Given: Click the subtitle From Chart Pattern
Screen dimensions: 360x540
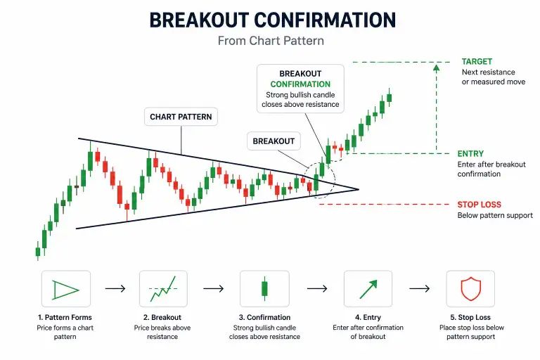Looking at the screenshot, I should (271, 41).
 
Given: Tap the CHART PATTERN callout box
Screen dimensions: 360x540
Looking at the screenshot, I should (181, 117).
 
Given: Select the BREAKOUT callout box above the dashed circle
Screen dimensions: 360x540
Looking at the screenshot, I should (274, 141).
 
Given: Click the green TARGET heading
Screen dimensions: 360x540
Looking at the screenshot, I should (477, 62).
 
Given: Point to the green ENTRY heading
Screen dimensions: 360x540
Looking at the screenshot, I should (470, 154).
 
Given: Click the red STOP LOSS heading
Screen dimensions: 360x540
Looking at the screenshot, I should (479, 205).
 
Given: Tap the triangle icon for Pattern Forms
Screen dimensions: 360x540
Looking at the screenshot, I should (65, 288).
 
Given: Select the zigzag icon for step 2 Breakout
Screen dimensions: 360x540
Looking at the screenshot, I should (164, 288).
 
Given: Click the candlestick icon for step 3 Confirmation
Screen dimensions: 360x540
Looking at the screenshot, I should (264, 288).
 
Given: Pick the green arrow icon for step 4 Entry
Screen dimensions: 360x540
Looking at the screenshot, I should (368, 288).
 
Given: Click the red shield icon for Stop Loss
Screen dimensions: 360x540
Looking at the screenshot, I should (470, 288).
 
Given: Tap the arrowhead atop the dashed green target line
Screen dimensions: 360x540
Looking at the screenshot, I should (437, 67).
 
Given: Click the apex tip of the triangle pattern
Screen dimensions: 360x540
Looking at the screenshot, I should (358, 189).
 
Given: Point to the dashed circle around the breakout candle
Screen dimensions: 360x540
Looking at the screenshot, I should (322, 179).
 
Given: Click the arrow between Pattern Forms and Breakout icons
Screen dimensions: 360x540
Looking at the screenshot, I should (115, 288).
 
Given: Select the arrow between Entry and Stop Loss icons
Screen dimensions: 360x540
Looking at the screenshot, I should (419, 288).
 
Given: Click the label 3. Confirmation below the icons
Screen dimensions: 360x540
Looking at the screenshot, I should (264, 318).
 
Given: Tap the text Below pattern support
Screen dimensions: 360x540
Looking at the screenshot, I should (494, 215).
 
